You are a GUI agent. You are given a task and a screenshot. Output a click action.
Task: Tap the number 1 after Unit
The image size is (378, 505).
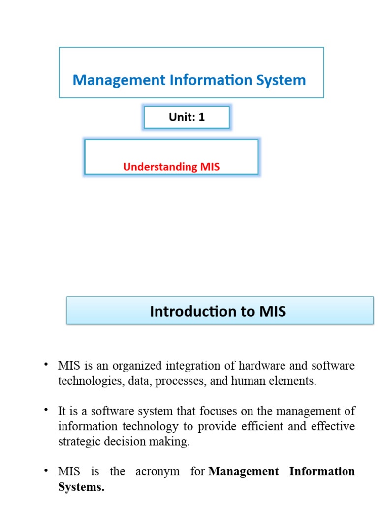[x=201, y=117]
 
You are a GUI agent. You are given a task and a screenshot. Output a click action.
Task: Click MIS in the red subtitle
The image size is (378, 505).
[x=210, y=167]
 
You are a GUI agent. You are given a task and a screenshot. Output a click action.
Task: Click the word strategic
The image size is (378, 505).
[x=79, y=441]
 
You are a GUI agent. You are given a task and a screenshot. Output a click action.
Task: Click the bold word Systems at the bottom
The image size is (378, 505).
[x=81, y=487]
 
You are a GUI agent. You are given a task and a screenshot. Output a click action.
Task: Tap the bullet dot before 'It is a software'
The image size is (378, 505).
[x=46, y=410]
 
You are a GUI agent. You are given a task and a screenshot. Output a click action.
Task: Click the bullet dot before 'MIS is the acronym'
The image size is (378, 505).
[x=46, y=470]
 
